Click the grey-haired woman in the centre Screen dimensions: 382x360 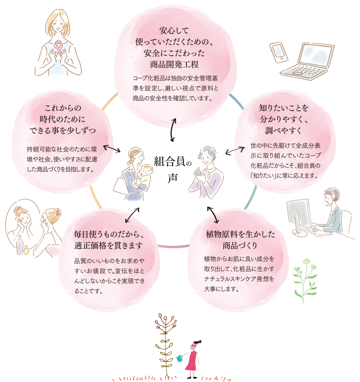click(207, 168)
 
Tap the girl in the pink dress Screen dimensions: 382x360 click(192, 359)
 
